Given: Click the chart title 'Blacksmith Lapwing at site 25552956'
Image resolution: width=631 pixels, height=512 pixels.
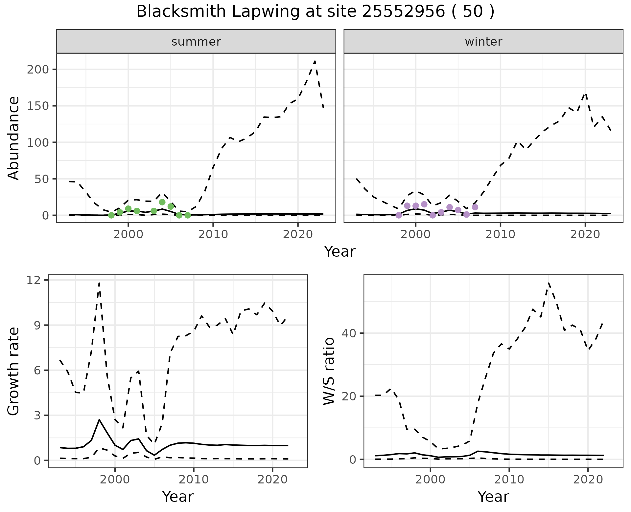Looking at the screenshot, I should pos(315,12).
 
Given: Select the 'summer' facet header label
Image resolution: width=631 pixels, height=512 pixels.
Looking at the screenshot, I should pos(196,42).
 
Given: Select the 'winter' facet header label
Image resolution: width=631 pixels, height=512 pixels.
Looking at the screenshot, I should pos(483,42).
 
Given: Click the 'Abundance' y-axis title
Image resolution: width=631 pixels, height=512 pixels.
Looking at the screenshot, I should pos(14,138).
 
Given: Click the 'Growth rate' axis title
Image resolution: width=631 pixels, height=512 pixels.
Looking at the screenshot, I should pos(14,371).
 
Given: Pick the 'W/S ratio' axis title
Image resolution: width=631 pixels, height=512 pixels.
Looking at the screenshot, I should pos(329,371).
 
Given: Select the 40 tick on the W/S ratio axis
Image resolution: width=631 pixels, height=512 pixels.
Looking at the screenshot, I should pos(349,333).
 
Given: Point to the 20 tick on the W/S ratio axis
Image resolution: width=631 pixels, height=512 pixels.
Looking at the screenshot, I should pos(349,396).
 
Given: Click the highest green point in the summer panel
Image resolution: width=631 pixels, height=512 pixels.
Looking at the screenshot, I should pos(162,202).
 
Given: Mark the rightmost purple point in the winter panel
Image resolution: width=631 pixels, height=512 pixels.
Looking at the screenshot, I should pos(475,207).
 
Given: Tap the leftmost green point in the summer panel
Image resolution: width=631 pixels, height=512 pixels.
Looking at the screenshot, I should pos(111,215).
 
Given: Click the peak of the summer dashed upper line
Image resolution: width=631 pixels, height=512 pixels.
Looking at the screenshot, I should pos(315,61).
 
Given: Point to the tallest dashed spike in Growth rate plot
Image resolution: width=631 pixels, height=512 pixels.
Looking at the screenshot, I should pos(99,283).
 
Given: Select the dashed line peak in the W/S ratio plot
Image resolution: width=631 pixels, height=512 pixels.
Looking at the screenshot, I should pos(549,283).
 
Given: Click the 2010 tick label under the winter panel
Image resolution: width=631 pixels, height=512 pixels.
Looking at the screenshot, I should pos(500,234).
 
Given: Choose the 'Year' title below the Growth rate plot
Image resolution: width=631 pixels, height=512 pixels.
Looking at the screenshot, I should pos(178,497).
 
